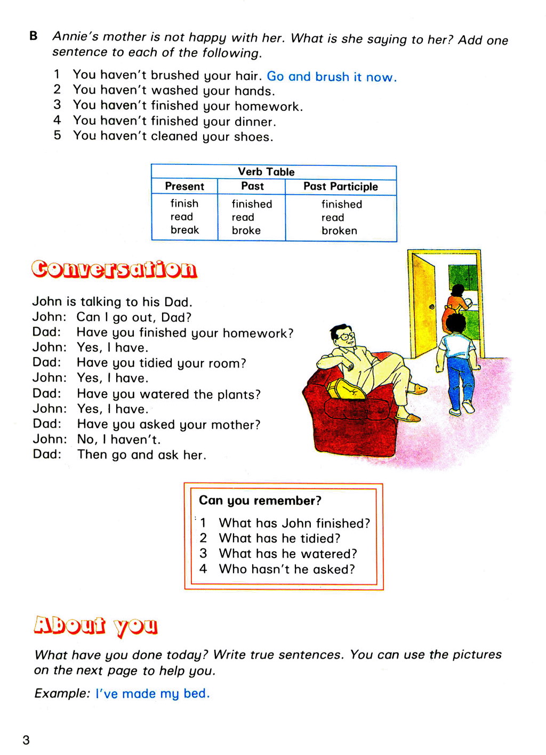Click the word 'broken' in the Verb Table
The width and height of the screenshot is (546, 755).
coord(339,231)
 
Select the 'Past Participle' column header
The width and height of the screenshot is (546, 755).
coord(340,186)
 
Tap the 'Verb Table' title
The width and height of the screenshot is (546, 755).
coord(266,171)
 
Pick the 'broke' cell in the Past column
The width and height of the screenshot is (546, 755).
coord(246,231)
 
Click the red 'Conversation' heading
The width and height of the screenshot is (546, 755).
coord(114,269)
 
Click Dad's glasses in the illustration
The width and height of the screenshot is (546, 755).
coord(346,337)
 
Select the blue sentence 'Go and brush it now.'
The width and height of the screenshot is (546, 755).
coord(331,76)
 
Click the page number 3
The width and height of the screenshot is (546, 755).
coord(26,740)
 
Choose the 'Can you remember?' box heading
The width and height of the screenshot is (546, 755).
coord(260,500)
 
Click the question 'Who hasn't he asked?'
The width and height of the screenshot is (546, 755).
coord(287,569)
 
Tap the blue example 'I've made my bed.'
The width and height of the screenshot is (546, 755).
coord(152,693)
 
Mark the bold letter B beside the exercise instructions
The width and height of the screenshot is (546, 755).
coord(34,36)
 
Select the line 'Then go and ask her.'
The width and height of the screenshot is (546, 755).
coord(141,455)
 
